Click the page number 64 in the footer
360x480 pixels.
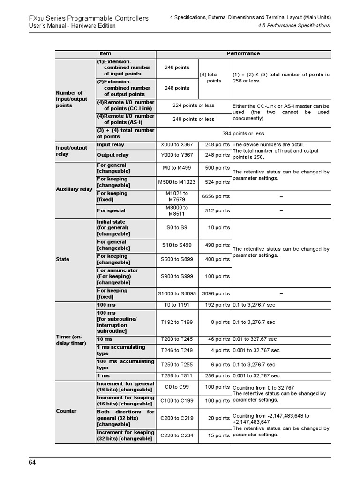[x=32, y=463]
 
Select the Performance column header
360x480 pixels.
[x=243, y=54]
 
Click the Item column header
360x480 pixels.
[x=105, y=54]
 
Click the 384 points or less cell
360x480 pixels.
[x=243, y=134]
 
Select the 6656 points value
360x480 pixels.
[x=216, y=196]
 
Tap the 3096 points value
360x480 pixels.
[x=216, y=293]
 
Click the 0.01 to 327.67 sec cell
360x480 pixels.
[x=256, y=339]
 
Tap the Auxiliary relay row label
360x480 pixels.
[x=74, y=189]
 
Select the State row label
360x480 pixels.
[x=62, y=259]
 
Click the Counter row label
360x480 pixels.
[x=66, y=411]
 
